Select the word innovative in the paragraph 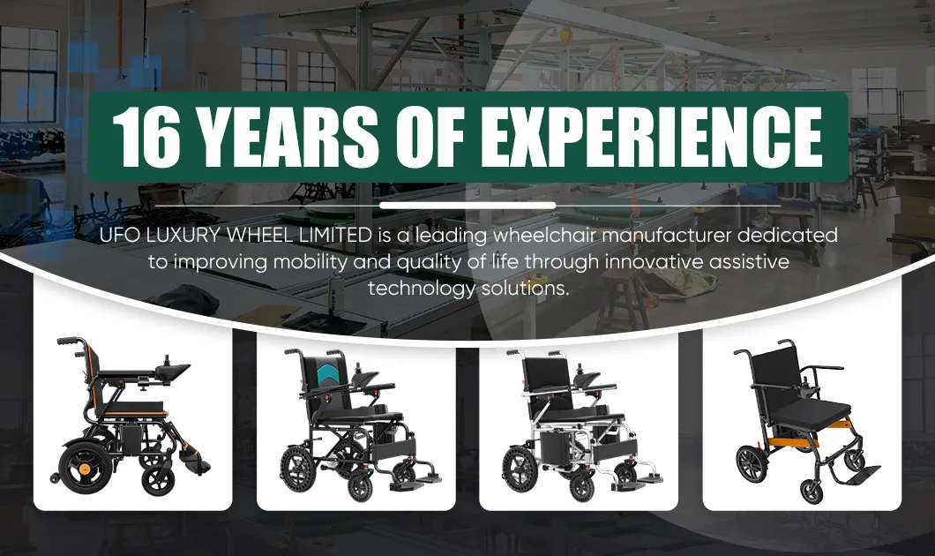(650, 263)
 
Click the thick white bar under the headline (467, 205)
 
